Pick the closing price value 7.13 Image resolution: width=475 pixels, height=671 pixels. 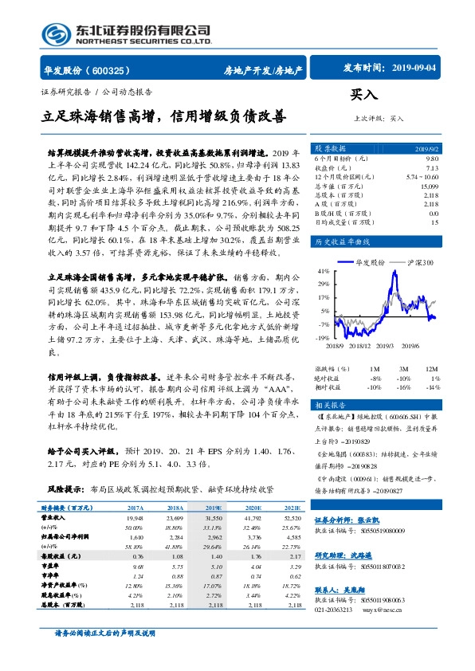[431, 168]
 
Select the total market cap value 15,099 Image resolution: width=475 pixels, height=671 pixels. [429, 185]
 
